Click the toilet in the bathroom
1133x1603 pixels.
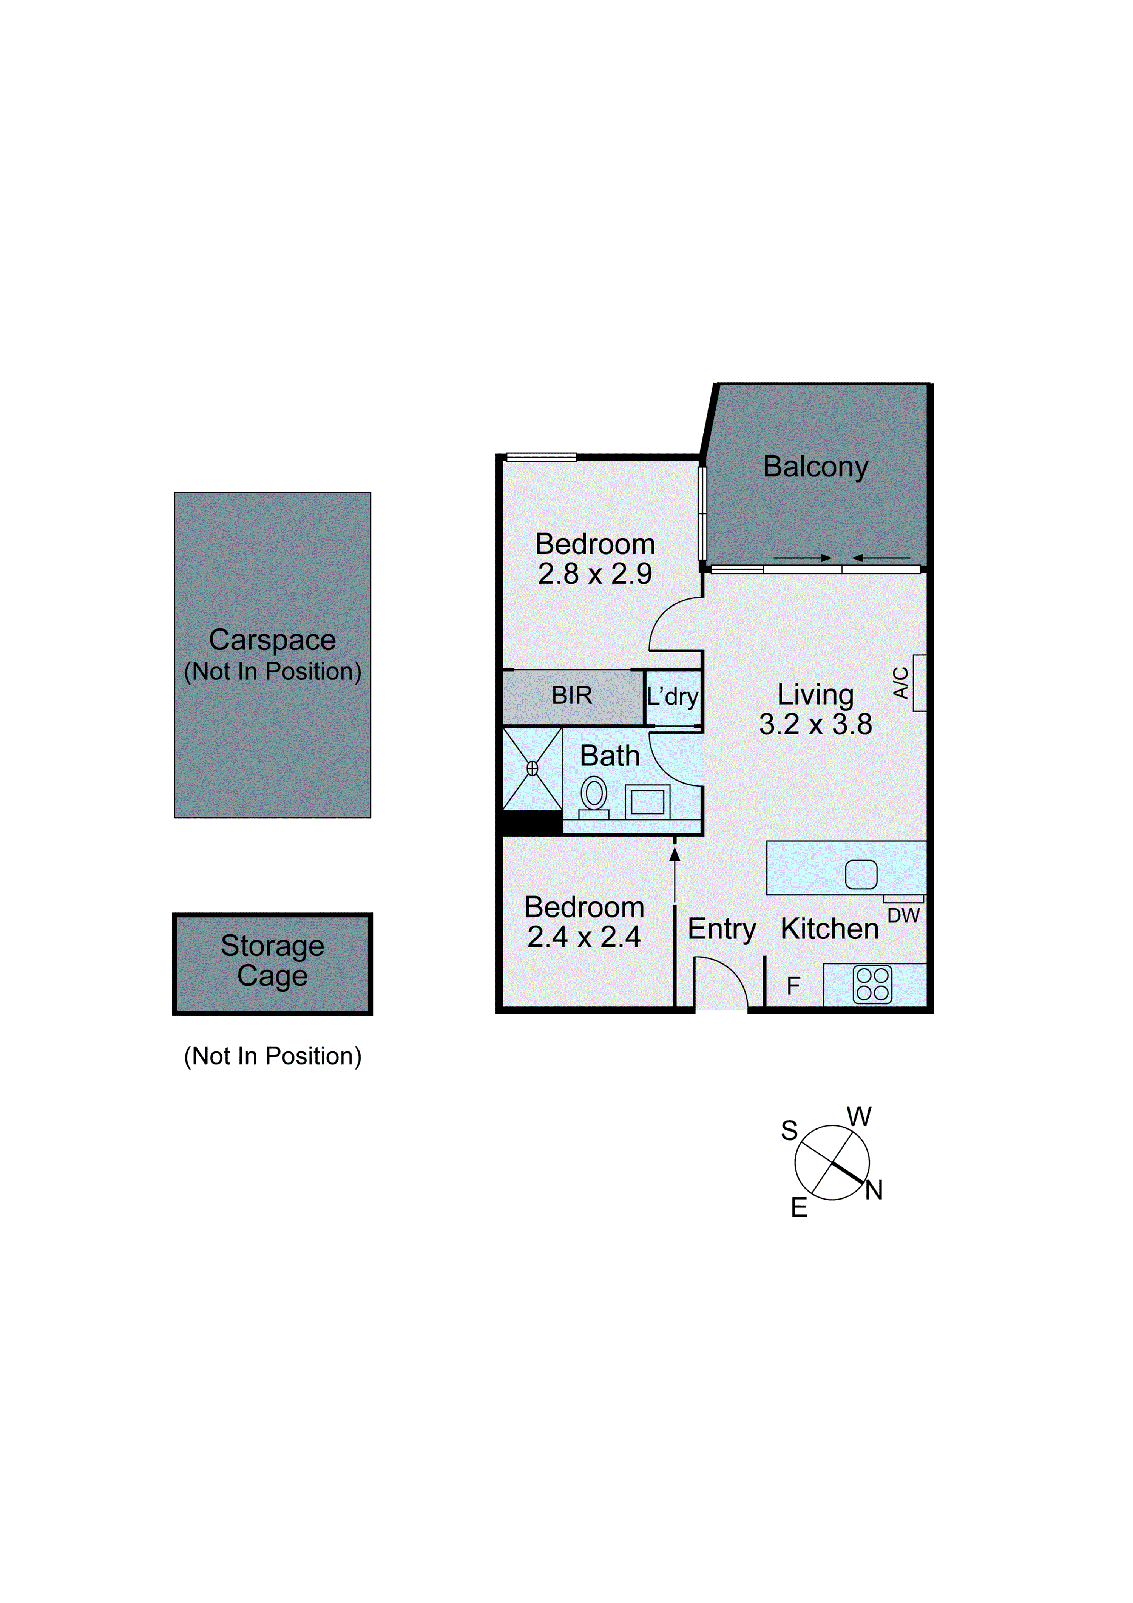pyautogui.click(x=594, y=796)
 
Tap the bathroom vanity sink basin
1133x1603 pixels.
pyautogui.click(x=647, y=802)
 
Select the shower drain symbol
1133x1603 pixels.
pyautogui.click(x=532, y=769)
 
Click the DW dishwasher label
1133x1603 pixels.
pyautogui.click(x=903, y=915)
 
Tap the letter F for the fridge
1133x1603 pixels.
pyautogui.click(x=793, y=986)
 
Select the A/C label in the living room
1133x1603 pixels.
pyautogui.click(x=901, y=683)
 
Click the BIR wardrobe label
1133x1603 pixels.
pyautogui.click(x=572, y=696)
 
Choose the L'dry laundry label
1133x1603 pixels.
pyautogui.click(x=672, y=697)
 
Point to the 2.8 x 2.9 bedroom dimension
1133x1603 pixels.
pyautogui.click(x=595, y=574)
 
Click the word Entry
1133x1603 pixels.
pyautogui.click(x=722, y=929)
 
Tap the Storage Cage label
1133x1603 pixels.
pyautogui.click(x=272, y=961)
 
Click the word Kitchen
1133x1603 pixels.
pyautogui.click(x=829, y=929)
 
